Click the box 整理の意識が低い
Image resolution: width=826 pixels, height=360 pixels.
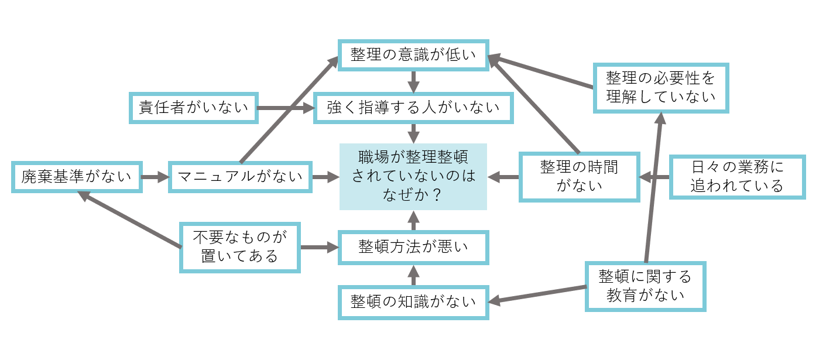click(413, 56)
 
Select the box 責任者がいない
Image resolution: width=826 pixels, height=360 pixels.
click(193, 108)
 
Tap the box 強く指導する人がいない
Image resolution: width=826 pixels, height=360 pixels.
click(413, 108)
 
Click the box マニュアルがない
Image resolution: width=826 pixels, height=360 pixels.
click(239, 176)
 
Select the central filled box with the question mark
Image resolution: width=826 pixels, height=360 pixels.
click(413, 176)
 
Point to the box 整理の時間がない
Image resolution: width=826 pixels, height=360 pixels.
click(579, 176)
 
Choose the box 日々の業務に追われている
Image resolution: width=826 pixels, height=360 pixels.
click(737, 176)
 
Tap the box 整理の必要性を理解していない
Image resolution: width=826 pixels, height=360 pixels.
click(661, 87)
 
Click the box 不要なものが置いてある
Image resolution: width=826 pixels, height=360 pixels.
click(240, 247)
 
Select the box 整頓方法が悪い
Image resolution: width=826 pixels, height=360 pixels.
click(413, 247)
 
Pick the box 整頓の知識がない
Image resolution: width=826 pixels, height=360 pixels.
click(413, 302)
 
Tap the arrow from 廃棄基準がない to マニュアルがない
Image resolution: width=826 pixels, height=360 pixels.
click(155, 176)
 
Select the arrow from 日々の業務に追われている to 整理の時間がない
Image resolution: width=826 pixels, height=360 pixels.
click(654, 176)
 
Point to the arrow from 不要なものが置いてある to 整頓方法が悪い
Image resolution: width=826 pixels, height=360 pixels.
click(320, 247)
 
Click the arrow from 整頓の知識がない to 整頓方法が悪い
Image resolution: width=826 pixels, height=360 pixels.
click(413, 276)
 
